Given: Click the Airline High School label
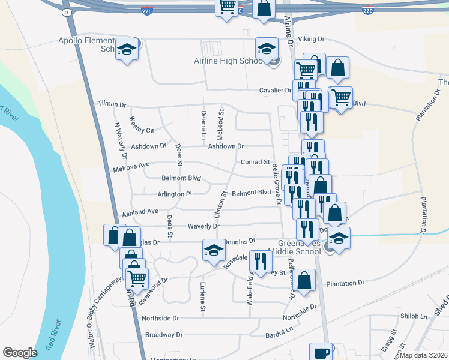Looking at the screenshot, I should point(229,61).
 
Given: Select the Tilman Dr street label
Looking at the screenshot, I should point(111,104).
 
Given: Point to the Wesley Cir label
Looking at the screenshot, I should point(142,130).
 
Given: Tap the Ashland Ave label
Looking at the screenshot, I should point(140,212).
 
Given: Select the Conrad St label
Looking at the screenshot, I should point(255,162).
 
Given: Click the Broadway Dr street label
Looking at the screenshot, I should point(163,335).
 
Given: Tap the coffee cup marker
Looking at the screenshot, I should point(321,352).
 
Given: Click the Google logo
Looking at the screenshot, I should point(20,352).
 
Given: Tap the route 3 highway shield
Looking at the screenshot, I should point(67,12).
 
